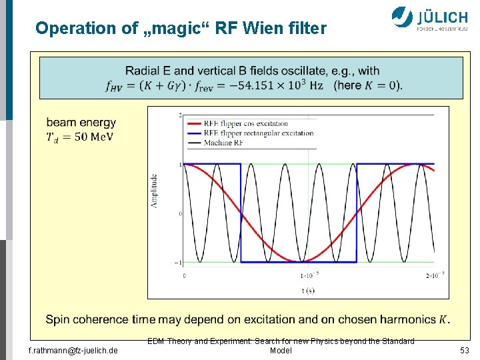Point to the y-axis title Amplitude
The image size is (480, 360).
point(154,191)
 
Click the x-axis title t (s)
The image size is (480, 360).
point(308,290)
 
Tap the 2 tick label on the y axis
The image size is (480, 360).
point(180,115)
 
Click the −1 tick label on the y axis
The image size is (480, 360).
point(179,263)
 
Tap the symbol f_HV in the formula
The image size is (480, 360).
point(115,86)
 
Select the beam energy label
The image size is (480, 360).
point(81,123)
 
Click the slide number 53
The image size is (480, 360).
point(464,350)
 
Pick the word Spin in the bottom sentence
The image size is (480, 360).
point(57,319)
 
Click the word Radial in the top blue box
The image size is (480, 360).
point(141,71)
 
